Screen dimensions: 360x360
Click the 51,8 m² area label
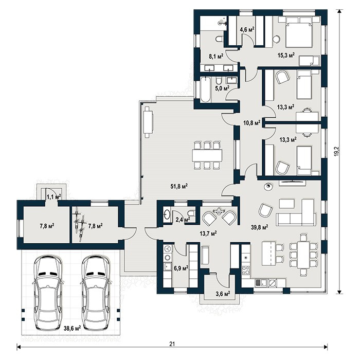point(179,186)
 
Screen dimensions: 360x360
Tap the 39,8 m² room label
point(259,227)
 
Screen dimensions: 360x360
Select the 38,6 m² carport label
point(72,328)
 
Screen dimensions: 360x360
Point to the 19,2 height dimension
point(336,152)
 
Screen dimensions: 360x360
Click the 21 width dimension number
point(172,344)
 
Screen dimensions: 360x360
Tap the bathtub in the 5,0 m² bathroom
point(205,90)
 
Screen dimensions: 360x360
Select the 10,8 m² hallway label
point(252,123)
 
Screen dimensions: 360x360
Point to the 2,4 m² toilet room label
point(183,220)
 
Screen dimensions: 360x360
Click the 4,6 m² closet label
point(247,30)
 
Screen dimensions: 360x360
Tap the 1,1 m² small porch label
point(53,196)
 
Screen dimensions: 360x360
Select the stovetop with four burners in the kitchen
point(246,270)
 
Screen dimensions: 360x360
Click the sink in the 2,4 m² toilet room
point(167,214)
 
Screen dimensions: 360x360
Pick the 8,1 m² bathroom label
point(216,56)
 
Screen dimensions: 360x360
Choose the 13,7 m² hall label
point(208,233)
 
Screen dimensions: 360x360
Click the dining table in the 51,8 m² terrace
point(207,155)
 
